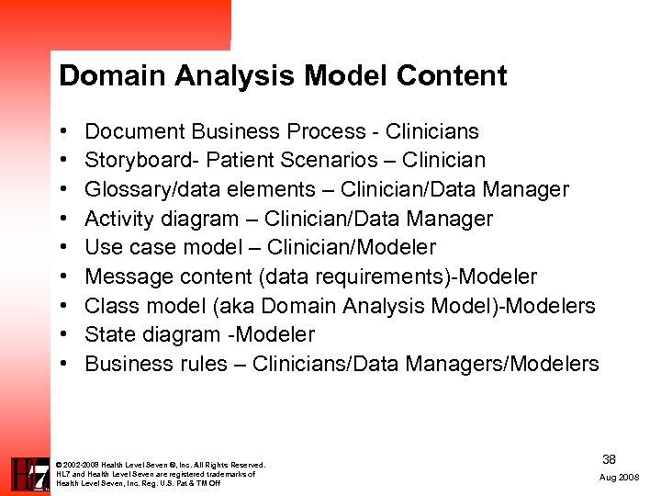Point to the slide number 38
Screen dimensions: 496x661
click(x=609, y=458)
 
